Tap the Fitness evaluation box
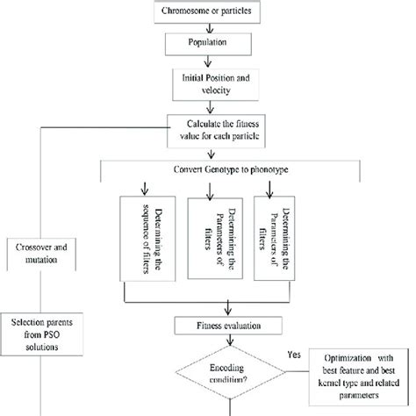(x=227, y=325)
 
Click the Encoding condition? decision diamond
(x=229, y=372)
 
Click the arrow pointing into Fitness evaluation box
(x=228, y=308)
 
